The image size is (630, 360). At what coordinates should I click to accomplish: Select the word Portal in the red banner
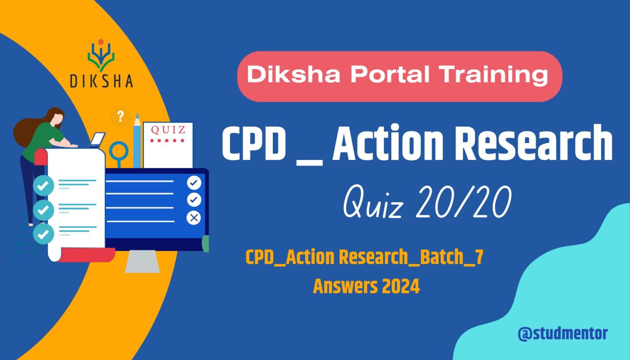pos(390,75)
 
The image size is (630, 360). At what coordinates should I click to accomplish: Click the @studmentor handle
pos(562,333)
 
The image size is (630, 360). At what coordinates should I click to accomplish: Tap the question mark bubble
pos(120,116)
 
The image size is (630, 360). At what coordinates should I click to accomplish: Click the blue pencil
pos(137,141)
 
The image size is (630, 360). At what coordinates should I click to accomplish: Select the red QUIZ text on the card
pos(168,130)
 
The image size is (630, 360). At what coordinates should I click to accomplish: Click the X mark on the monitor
pos(194,218)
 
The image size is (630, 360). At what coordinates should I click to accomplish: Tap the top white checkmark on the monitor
pos(194,182)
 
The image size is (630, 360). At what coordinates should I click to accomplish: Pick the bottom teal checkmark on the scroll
pos(43,234)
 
